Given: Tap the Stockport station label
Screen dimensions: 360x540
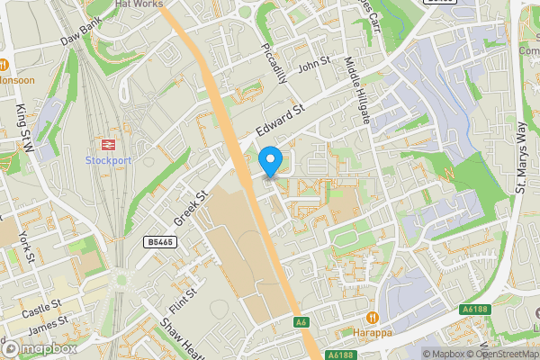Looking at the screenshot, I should click(x=108, y=160).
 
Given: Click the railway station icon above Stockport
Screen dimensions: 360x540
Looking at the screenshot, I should click(x=107, y=143).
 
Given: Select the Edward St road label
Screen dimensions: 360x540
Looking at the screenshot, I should click(x=281, y=119).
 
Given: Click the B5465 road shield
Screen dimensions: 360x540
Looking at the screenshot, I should click(x=159, y=242).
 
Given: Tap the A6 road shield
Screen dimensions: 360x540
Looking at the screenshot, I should click(x=301, y=321).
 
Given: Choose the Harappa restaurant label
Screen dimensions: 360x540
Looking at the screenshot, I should click(x=373, y=334).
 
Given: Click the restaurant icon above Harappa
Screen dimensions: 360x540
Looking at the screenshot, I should click(x=373, y=318).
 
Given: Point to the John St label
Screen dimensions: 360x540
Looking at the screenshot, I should click(x=315, y=65).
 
